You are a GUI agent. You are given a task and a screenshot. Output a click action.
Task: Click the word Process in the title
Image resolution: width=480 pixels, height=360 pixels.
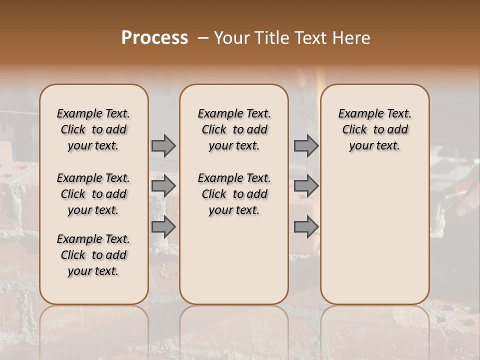pos(154,38)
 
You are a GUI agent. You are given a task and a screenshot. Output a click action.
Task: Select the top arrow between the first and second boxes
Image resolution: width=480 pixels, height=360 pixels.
pos(163,146)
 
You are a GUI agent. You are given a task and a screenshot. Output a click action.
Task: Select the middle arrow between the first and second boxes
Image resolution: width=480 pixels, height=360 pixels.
pos(163,186)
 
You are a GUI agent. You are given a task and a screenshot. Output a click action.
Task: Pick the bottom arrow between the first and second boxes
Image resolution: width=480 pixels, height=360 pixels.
pos(163,227)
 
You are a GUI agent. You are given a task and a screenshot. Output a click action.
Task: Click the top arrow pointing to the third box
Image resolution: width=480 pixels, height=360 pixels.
pos(306,146)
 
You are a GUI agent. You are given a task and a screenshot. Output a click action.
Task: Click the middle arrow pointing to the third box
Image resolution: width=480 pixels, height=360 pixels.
pos(306,186)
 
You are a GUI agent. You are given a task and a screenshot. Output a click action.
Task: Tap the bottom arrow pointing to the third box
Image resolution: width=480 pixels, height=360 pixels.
pos(306,227)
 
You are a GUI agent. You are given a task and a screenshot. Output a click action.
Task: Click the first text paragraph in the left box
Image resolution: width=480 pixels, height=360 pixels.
pos(93,129)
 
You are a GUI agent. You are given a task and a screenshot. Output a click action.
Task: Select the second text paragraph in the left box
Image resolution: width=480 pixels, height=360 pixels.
pos(93,194)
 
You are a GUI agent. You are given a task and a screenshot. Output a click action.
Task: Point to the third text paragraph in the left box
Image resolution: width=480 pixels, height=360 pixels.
pos(93,255)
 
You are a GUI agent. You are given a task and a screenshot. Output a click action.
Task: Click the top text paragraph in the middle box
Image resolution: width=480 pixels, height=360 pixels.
pos(234,129)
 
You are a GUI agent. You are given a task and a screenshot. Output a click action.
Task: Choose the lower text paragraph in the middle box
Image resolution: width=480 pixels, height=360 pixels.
pos(234,194)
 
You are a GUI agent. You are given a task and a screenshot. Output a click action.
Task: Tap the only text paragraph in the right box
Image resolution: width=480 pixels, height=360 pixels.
pos(375,129)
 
